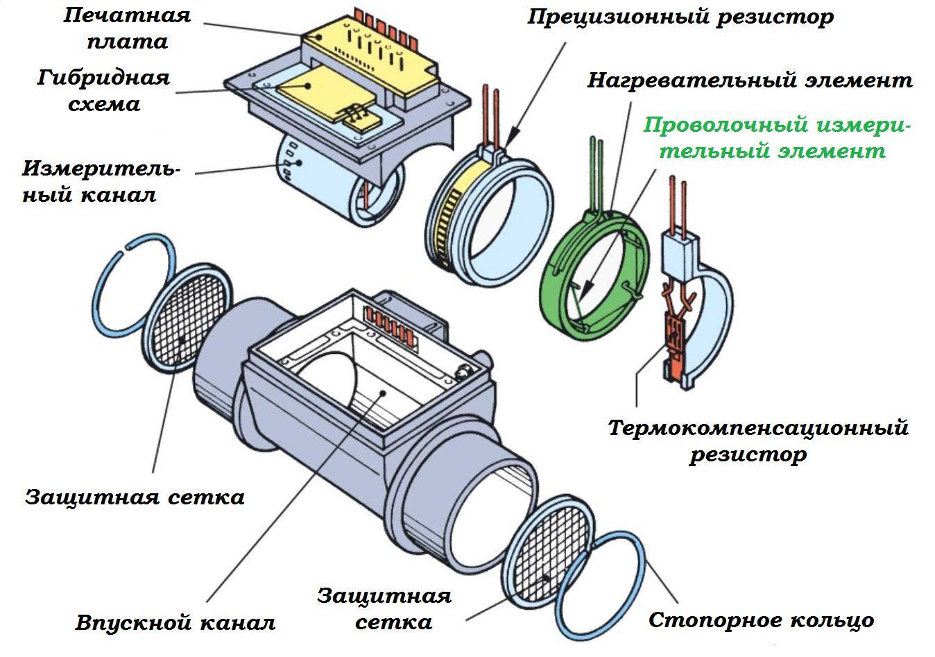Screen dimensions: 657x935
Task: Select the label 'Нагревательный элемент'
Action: (x=749, y=80)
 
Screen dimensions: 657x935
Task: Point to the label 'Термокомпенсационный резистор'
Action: (x=757, y=440)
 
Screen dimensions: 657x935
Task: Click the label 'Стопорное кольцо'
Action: (x=761, y=620)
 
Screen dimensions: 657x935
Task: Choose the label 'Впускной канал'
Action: (x=175, y=622)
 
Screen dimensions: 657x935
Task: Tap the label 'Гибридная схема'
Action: (x=103, y=90)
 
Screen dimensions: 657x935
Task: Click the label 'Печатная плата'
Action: (x=127, y=28)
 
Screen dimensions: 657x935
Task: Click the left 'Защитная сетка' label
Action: (x=135, y=497)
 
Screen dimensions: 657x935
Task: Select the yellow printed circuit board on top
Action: (x=368, y=52)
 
